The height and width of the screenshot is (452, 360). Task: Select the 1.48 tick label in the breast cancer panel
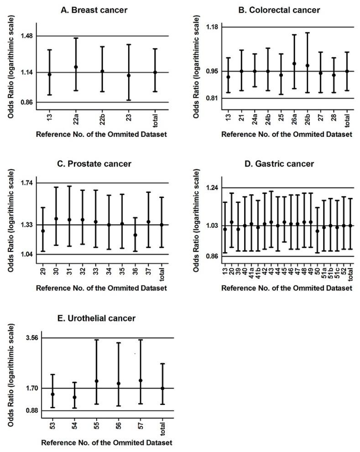pyautogui.click(x=30, y=36)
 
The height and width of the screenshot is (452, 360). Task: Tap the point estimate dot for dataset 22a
pyautogui.click(x=76, y=67)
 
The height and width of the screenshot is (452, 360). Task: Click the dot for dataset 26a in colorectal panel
pyautogui.click(x=294, y=64)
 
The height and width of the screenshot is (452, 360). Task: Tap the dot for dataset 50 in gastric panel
pyautogui.click(x=317, y=231)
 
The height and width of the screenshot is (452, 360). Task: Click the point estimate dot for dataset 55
pyautogui.click(x=97, y=381)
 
